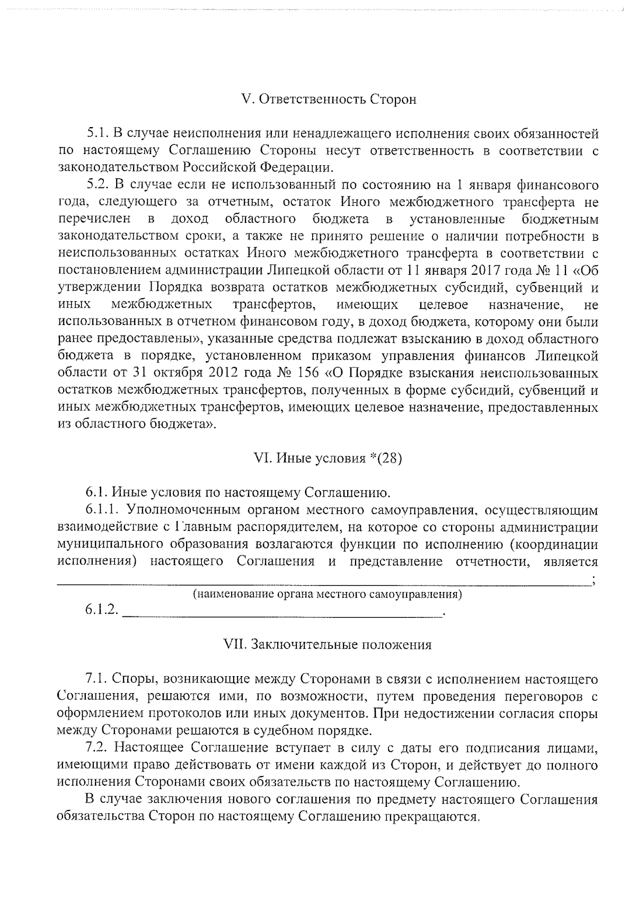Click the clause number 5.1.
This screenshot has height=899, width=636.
[97, 133]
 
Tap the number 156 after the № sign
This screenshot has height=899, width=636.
[308, 374]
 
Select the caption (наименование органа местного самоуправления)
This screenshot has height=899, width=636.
[327, 595]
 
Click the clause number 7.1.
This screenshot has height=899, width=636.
[97, 679]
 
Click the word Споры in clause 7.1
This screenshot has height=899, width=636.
[135, 679]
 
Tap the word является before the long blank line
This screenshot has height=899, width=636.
[570, 562]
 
